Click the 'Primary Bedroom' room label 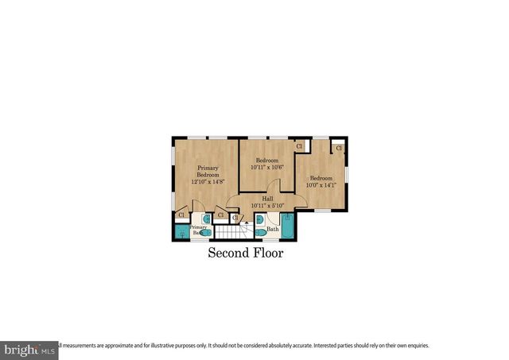point(208,171)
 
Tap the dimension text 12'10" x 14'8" point(208,182)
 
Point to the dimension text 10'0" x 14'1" point(322,184)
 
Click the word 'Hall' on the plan point(268,199)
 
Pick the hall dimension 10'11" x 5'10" point(268,206)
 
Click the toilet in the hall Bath point(260,233)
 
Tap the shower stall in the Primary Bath point(182,232)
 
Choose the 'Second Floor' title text point(246,254)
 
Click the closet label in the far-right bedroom point(339,148)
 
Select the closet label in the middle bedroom point(299,146)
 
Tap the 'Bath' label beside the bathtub point(273,230)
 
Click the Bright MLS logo point(29,349)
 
